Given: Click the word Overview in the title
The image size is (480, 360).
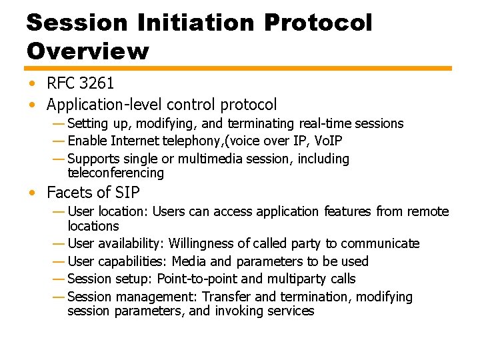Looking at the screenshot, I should [88, 51].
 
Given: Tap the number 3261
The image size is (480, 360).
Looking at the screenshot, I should [96, 83].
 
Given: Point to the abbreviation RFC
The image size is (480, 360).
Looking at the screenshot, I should [61, 83].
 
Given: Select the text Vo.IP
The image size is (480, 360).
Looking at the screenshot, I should [327, 141].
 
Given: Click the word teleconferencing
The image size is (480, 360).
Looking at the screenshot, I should [115, 173].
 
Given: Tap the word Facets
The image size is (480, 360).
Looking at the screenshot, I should [69, 193].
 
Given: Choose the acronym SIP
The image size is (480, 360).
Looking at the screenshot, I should [127, 193].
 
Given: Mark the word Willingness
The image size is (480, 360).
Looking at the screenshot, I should [202, 243].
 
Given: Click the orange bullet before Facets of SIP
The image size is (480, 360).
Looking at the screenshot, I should [32, 194].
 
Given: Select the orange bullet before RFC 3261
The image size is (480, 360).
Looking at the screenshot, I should [32, 84].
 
